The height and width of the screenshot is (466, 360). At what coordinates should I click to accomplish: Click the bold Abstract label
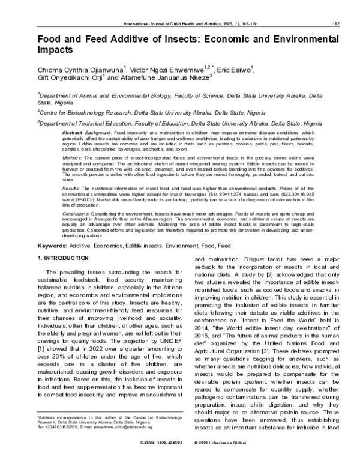pos(72,132)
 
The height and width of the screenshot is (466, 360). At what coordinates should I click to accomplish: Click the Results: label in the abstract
pos(72,188)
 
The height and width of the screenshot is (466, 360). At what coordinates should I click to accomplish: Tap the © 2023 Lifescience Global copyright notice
pos(223,460)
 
